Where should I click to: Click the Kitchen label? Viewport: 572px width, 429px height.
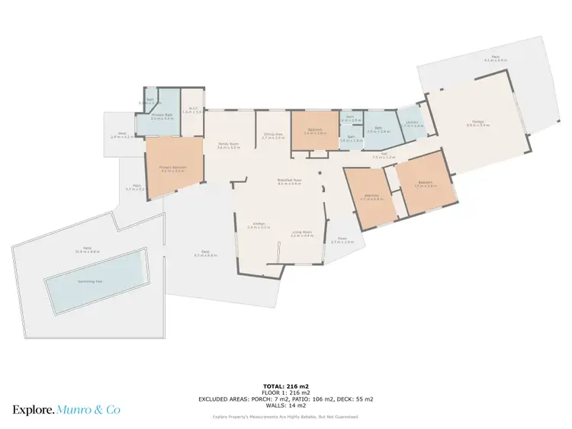click(x=259, y=224)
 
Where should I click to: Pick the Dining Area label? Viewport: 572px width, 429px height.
click(x=273, y=136)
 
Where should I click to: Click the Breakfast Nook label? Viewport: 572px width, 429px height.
click(x=288, y=181)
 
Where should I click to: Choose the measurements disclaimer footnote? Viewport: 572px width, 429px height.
click(x=285, y=417)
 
